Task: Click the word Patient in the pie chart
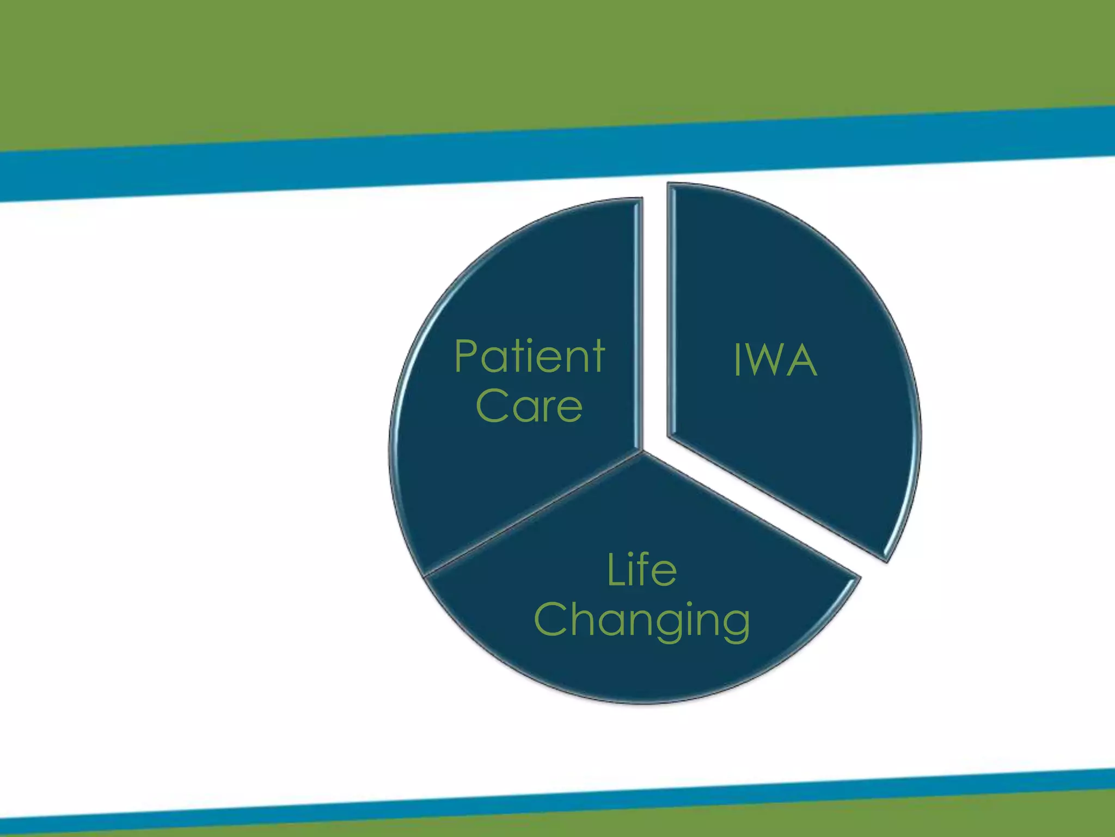529,357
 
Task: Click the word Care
529,406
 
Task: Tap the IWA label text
775,360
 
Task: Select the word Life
642,570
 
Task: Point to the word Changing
642,620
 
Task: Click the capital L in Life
613,570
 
